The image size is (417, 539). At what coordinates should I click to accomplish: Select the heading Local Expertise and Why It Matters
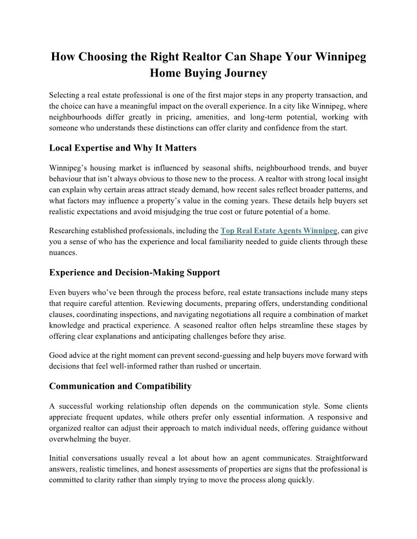coord(123,148)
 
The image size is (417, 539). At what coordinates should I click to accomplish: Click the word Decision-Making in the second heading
coord(145,273)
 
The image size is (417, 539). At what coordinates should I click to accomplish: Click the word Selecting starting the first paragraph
coord(64,95)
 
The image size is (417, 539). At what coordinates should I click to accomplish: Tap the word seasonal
coord(211,168)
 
